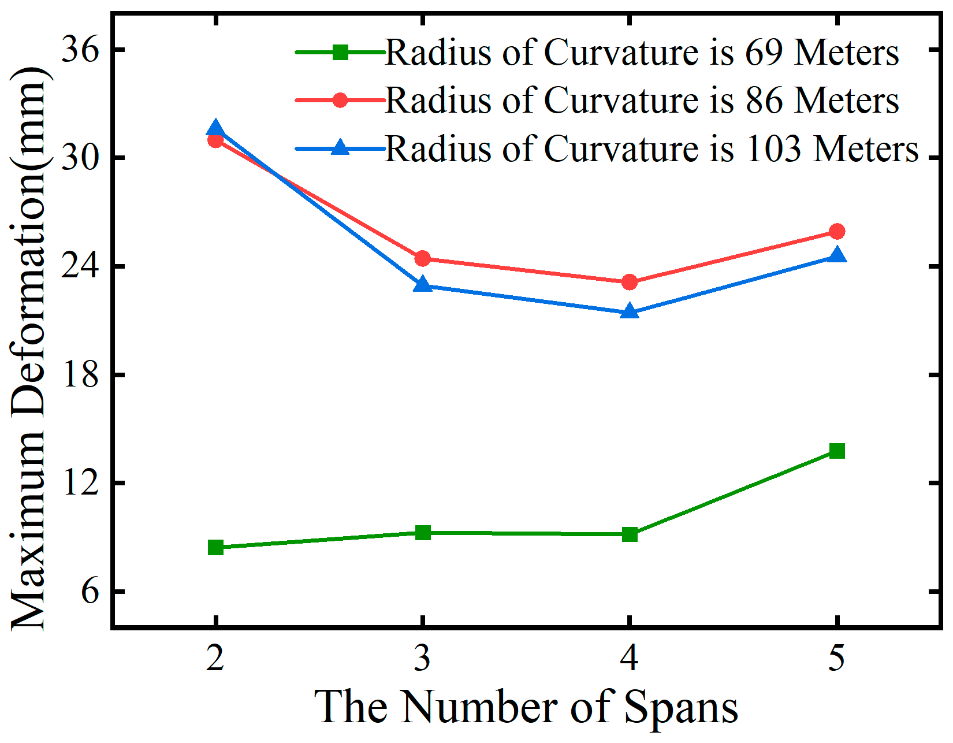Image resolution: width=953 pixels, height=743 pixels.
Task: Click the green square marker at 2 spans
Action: click(x=215, y=547)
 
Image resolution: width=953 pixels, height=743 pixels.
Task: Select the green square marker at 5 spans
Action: click(x=837, y=451)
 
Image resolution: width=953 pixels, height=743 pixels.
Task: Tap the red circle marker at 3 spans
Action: click(x=423, y=258)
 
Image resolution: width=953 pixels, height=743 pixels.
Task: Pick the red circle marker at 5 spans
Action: click(x=837, y=232)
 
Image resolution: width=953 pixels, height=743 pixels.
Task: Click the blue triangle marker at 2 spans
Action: click(x=215, y=128)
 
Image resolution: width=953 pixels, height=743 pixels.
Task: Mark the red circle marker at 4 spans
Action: click(x=630, y=282)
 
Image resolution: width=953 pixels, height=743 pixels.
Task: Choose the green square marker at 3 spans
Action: click(x=423, y=533)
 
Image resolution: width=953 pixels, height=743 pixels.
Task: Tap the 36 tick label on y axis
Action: click(x=80, y=50)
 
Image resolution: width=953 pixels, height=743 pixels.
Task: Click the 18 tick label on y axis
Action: click(x=80, y=375)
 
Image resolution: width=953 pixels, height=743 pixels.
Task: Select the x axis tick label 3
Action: click(x=423, y=658)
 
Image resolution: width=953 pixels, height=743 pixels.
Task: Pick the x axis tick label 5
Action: click(x=837, y=658)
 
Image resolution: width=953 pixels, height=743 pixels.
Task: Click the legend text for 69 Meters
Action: click(x=641, y=53)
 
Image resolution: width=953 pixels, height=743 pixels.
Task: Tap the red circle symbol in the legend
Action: click(x=341, y=100)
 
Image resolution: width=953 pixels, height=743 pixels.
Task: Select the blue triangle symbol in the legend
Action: click(x=341, y=148)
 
